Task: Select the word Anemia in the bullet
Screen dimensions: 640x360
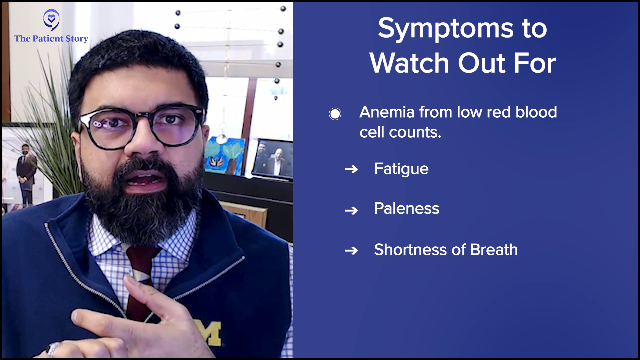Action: tap(387, 112)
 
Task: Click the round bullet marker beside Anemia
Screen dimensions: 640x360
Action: tap(335, 114)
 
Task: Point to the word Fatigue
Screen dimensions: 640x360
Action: tap(401, 169)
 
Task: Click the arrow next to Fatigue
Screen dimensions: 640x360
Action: tap(351, 170)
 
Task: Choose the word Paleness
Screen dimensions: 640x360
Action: tap(407, 209)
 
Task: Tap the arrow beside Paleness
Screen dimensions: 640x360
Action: tap(351, 210)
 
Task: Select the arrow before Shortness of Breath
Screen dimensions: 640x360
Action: tap(351, 251)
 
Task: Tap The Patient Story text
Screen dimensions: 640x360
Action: tap(51, 39)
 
